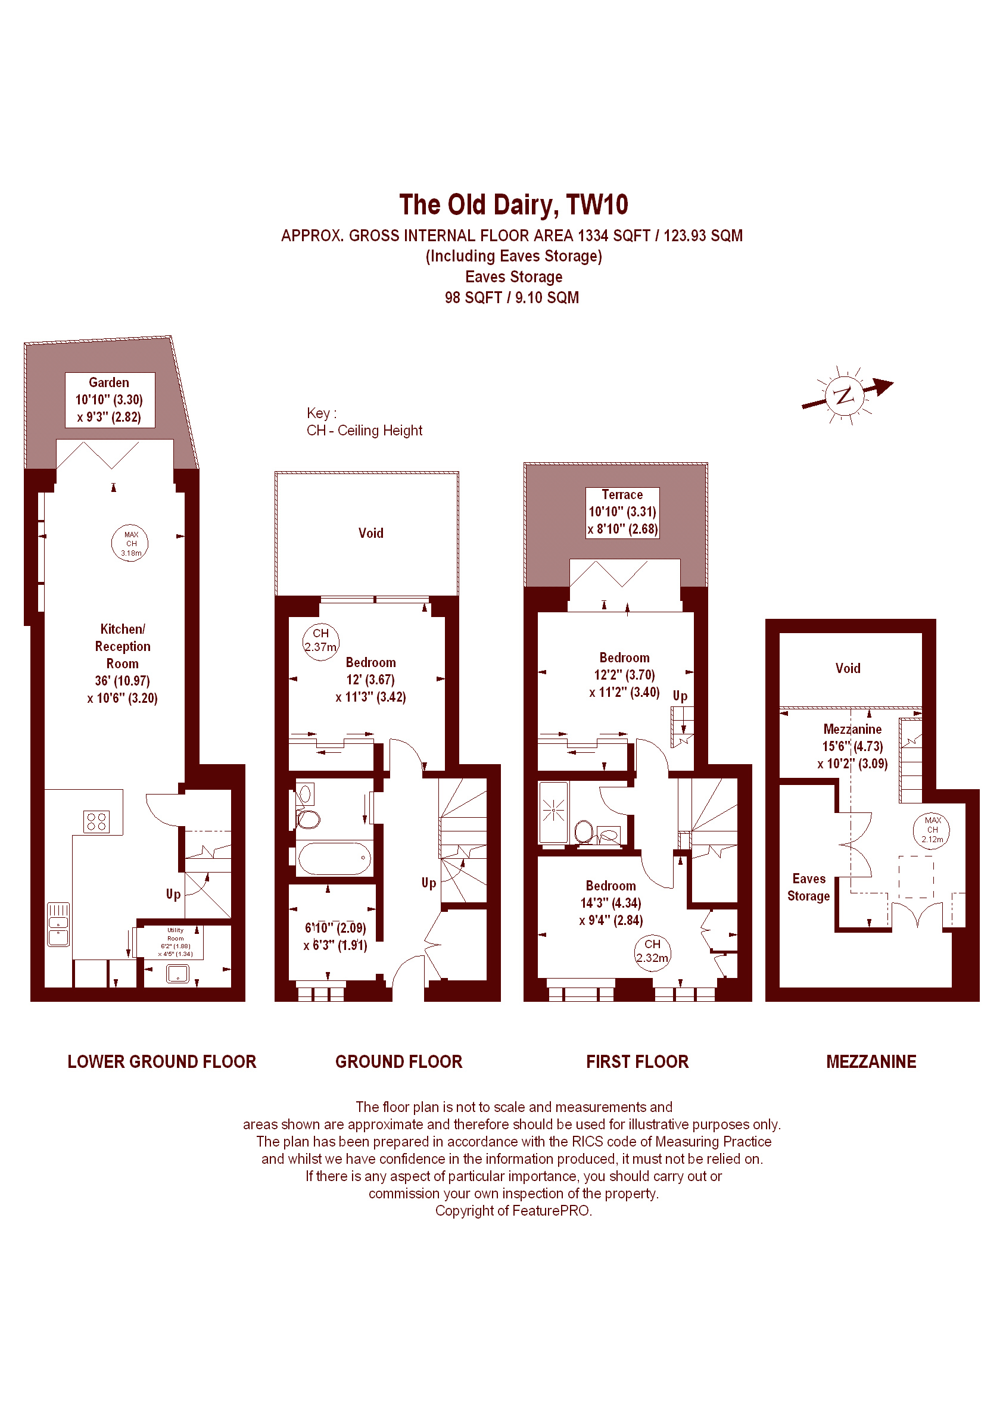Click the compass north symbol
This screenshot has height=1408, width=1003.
(845, 395)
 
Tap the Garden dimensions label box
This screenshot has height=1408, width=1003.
(110, 400)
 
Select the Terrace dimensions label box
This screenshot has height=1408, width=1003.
(622, 513)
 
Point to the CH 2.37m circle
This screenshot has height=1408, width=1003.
(320, 641)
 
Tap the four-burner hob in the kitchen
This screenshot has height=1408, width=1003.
(96, 821)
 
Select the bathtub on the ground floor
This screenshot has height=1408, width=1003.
(334, 858)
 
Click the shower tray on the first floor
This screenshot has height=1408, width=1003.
(553, 812)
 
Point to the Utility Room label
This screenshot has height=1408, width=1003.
(175, 934)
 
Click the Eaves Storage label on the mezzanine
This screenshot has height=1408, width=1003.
(808, 887)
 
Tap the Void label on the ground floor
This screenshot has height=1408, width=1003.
(370, 533)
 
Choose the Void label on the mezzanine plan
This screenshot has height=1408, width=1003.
(848, 668)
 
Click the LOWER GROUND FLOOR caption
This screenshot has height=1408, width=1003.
(162, 1061)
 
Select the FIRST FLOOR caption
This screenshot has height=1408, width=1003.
(637, 1061)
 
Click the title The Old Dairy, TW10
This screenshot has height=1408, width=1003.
(514, 205)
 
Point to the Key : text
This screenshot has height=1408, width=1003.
(321, 413)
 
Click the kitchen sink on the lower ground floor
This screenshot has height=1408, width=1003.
(59, 924)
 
